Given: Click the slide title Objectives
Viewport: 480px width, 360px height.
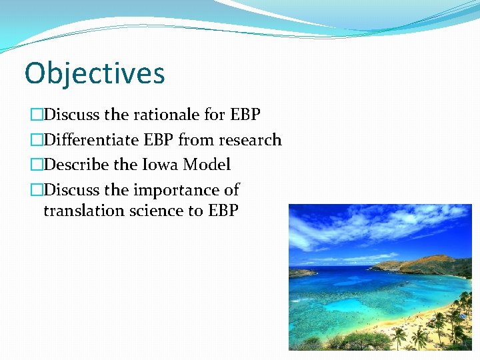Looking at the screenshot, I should tap(94, 73).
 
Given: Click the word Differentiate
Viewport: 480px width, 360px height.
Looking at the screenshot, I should tap(91, 140).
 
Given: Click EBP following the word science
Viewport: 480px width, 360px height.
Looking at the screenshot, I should tap(223, 211).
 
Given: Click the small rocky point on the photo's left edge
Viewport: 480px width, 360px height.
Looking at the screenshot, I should tap(300, 272).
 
